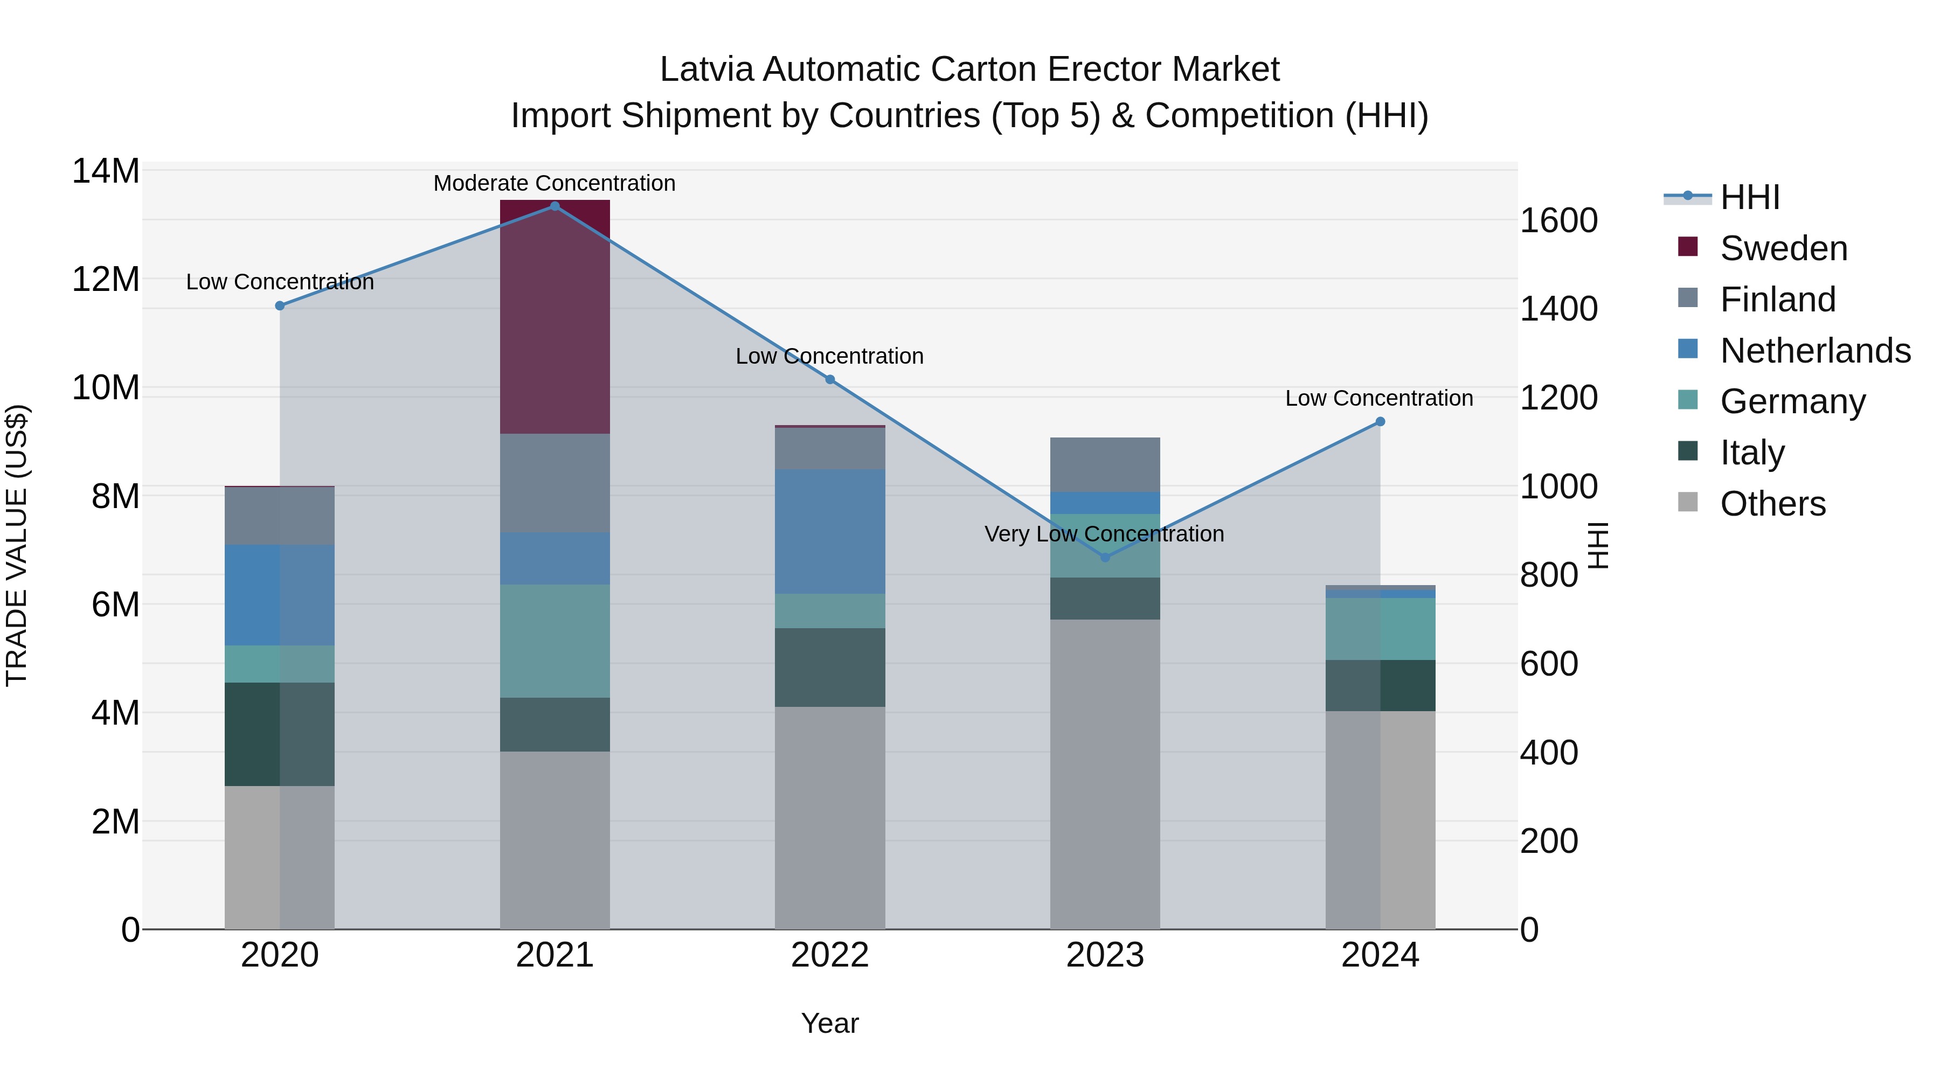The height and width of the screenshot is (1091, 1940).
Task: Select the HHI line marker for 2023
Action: [1105, 557]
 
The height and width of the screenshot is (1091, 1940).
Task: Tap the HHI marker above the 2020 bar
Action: [279, 305]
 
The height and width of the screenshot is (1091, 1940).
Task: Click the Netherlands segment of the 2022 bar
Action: [830, 532]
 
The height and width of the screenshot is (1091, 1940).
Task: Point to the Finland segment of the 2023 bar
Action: [1105, 464]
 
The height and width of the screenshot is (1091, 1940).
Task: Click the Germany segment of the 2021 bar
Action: [555, 641]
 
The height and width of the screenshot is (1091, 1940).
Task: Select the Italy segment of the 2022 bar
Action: [830, 667]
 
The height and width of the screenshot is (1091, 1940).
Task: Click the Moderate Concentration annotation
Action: [555, 183]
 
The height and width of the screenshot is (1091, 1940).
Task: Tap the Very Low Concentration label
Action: [1104, 534]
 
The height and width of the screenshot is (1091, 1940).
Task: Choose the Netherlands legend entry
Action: [1815, 351]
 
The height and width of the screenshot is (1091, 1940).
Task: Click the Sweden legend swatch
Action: [1688, 247]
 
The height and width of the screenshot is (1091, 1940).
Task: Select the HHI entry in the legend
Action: [1749, 197]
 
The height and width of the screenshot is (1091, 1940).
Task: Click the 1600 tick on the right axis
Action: [1558, 220]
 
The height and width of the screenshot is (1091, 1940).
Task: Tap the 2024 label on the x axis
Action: [1380, 955]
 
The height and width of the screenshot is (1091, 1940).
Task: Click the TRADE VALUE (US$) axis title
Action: [17, 545]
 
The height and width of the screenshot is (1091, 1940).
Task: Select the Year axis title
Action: [829, 1023]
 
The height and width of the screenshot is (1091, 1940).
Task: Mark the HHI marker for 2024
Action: [1380, 422]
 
